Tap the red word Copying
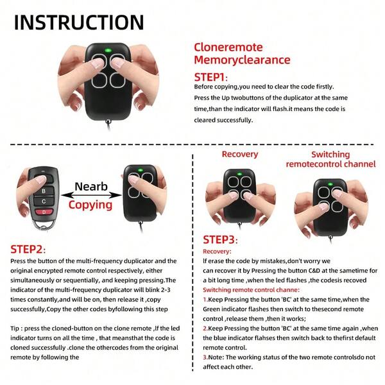click(x=89, y=206)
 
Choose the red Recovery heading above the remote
click(x=239, y=154)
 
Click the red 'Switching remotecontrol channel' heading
click(x=330, y=159)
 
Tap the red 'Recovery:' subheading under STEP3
click(x=216, y=252)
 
